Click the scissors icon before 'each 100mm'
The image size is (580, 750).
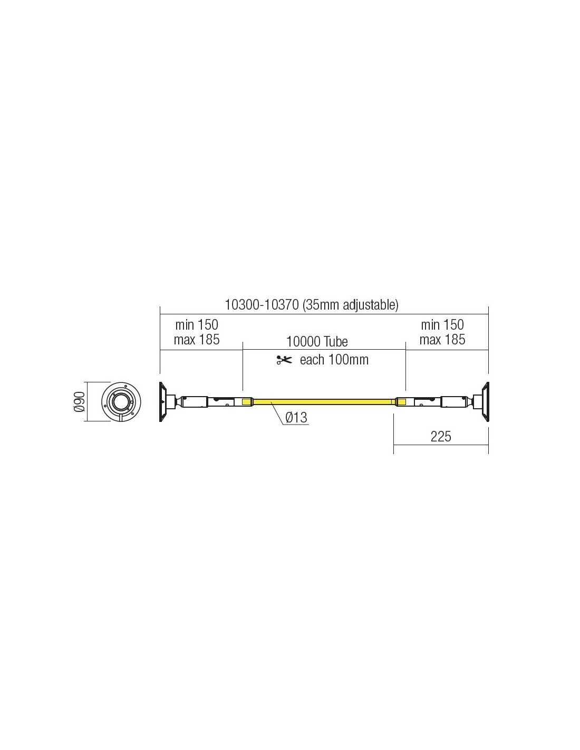[x=284, y=360]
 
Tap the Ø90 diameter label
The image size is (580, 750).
[x=80, y=401]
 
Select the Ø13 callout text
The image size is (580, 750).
[x=296, y=418]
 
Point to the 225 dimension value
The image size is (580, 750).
[x=441, y=437]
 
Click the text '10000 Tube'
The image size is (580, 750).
[x=317, y=342]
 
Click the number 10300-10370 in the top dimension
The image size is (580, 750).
[x=262, y=305]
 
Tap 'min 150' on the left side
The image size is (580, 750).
[x=197, y=325]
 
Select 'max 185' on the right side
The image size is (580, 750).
[x=442, y=340]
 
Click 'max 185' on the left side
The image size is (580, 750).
[x=197, y=340]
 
